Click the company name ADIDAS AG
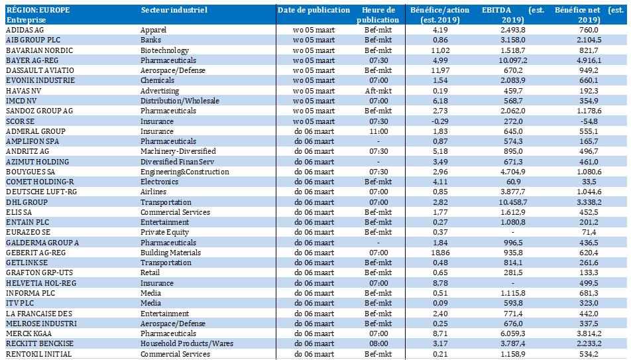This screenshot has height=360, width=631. pyautogui.click(x=25, y=30)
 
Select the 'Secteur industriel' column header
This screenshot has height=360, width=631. pyautogui.click(x=174, y=10)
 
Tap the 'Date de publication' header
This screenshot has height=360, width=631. pyautogui.click(x=314, y=10)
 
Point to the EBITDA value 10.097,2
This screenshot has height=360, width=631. pyautogui.click(x=513, y=60)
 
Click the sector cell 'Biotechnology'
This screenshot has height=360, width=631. pyautogui.click(x=164, y=50)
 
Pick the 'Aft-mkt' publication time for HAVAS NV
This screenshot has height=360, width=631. pyautogui.click(x=378, y=91)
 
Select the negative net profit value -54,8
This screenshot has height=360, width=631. pyautogui.click(x=589, y=121)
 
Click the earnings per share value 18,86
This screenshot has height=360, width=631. pyautogui.click(x=440, y=253)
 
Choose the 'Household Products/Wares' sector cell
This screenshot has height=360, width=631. pyautogui.click(x=187, y=343)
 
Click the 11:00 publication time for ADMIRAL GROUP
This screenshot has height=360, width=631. pyautogui.click(x=378, y=131)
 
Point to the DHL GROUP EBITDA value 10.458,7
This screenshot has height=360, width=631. pyautogui.click(x=513, y=202)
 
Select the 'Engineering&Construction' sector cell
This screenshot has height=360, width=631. pyautogui.click(x=185, y=172)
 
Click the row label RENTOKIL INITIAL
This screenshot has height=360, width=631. pyautogui.click(x=33, y=354)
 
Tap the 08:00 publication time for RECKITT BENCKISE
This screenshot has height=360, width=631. pyautogui.click(x=378, y=343)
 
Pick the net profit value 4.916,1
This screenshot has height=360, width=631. pyautogui.click(x=589, y=60)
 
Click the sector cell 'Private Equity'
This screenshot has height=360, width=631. pyautogui.click(x=164, y=232)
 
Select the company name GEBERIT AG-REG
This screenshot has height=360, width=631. pyautogui.click(x=36, y=253)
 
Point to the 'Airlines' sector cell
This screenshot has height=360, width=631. pyautogui.click(x=153, y=192)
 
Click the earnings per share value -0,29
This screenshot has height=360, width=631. pyautogui.click(x=440, y=121)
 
